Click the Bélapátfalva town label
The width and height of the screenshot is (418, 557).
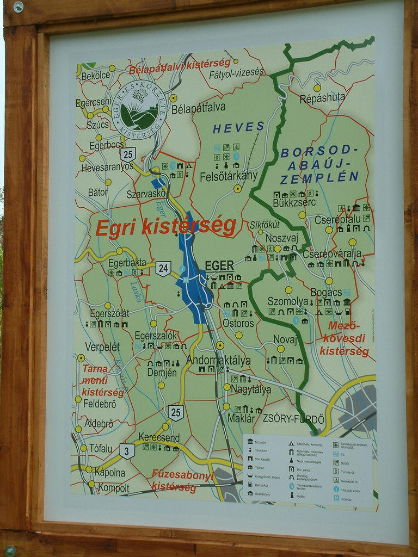pos(198,108)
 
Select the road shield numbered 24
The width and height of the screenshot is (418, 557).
pos(163,268)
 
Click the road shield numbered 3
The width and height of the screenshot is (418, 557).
pos(127,451)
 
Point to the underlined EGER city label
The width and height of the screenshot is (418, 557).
pos(219,266)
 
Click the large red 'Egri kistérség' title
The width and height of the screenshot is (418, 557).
pos(166,227)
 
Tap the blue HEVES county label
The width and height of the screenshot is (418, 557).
pos(238,128)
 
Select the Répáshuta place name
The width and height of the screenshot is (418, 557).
pos(322,97)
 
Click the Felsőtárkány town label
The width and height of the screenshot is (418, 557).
pos(228,176)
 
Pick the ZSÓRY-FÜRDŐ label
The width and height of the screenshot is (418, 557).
pos(293,419)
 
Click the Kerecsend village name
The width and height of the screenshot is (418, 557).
pos(159,437)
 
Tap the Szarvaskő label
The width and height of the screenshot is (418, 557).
pos(146,194)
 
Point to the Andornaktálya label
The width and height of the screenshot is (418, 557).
pos(218,360)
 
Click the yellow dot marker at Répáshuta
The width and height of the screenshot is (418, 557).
pos(317,88)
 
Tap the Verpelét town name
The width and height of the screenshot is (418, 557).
pos(102,346)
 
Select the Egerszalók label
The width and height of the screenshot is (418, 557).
pos(156,336)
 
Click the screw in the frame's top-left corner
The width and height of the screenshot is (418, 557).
pos(18,7)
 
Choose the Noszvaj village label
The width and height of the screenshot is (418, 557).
pos(281,238)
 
